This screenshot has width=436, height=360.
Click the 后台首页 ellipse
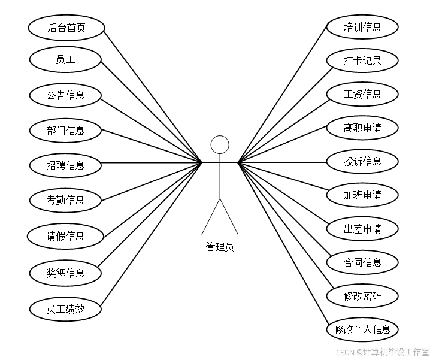click(66, 28)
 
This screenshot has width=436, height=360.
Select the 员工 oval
click(65, 59)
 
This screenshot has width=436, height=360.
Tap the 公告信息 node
click(65, 95)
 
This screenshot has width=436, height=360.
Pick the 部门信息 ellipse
click(65, 130)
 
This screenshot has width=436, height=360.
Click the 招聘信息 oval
click(65, 165)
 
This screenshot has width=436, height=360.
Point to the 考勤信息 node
click(65, 200)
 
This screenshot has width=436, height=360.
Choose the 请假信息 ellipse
click(65, 236)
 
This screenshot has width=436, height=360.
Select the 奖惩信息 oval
click(65, 273)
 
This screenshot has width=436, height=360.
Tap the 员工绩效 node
click(65, 309)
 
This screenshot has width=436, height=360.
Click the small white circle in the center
click(220, 144)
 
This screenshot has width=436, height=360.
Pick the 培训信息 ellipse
click(362, 27)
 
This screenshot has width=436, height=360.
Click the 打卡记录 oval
click(362, 60)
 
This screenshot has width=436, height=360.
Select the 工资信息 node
click(362, 94)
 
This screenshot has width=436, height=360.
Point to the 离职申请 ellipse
click(362, 128)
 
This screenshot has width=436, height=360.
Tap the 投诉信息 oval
click(362, 161)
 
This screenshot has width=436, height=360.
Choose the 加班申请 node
click(362, 195)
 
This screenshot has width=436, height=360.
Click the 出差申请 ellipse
click(362, 229)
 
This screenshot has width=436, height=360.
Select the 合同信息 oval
click(362, 262)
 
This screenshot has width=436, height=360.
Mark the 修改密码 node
click(362, 296)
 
